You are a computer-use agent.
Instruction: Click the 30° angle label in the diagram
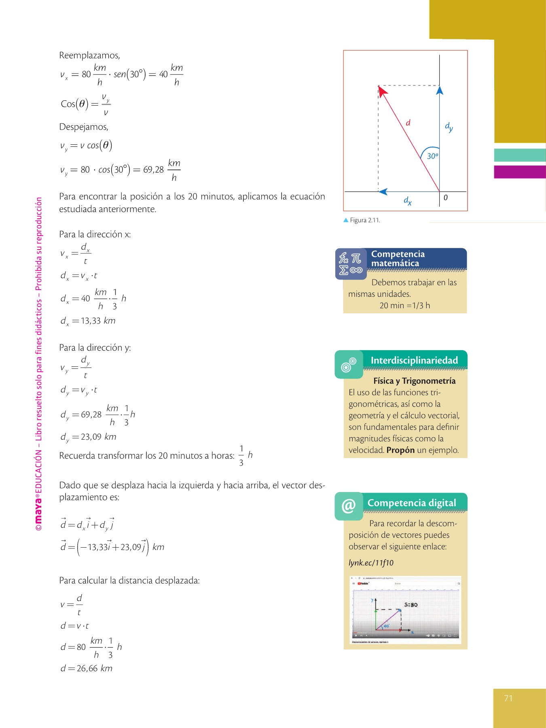pos(432,156)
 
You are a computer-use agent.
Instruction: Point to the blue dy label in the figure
pos(449,127)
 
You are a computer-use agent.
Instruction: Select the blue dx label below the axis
pos(408,201)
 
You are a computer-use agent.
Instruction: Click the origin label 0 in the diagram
pos(446,198)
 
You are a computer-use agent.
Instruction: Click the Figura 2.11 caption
pos(364,220)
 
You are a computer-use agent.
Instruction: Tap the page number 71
pos(508,698)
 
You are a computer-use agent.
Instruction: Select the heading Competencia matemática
pos(398,258)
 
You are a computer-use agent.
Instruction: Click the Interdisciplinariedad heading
pos(414,360)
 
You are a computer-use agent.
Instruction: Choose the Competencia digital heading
pos(412,503)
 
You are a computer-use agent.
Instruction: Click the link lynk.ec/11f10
pos(371,563)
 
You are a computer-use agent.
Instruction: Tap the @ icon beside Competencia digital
pos(348,506)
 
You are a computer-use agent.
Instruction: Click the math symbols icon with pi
pos(351,264)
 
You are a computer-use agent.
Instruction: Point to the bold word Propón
pos(400,450)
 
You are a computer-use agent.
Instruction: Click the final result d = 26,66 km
pos(87,669)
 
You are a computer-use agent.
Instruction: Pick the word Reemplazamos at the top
pos(89,55)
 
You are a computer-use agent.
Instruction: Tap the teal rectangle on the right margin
pos(520,155)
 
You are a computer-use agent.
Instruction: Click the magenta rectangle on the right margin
pos(520,172)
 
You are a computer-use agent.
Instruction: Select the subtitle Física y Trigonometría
pos(414,381)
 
